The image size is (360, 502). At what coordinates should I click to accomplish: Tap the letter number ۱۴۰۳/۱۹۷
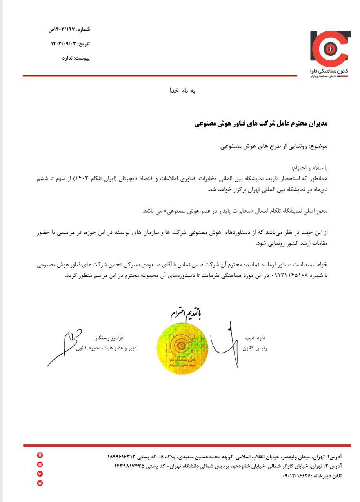(x=62, y=29)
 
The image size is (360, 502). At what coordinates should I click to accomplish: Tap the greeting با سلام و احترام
(x=310, y=168)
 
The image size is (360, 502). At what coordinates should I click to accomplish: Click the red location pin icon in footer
(x=40, y=455)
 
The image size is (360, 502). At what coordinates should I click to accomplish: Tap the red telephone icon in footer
(x=40, y=464)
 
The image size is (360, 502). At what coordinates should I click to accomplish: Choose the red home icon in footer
(x=40, y=483)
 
